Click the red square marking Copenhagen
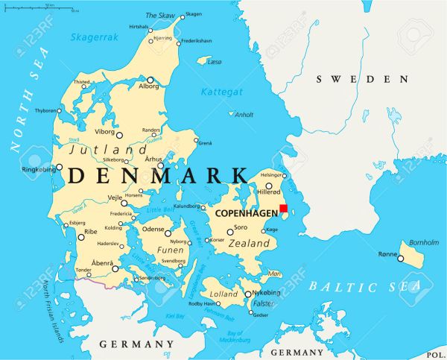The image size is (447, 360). [x=283, y=209]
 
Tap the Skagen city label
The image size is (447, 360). [x=193, y=14]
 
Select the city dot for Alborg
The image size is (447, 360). [x=150, y=80]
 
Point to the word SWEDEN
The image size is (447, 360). [x=362, y=79]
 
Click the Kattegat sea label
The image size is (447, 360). [x=221, y=92]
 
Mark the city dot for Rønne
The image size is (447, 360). [x=400, y=259]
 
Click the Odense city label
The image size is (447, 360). [x=153, y=230]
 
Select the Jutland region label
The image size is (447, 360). [x=98, y=150]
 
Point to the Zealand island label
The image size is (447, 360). [x=249, y=244]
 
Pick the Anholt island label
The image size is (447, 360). [x=244, y=115]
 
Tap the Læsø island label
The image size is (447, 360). [x=214, y=63]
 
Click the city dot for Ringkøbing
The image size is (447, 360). [x=60, y=167]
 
